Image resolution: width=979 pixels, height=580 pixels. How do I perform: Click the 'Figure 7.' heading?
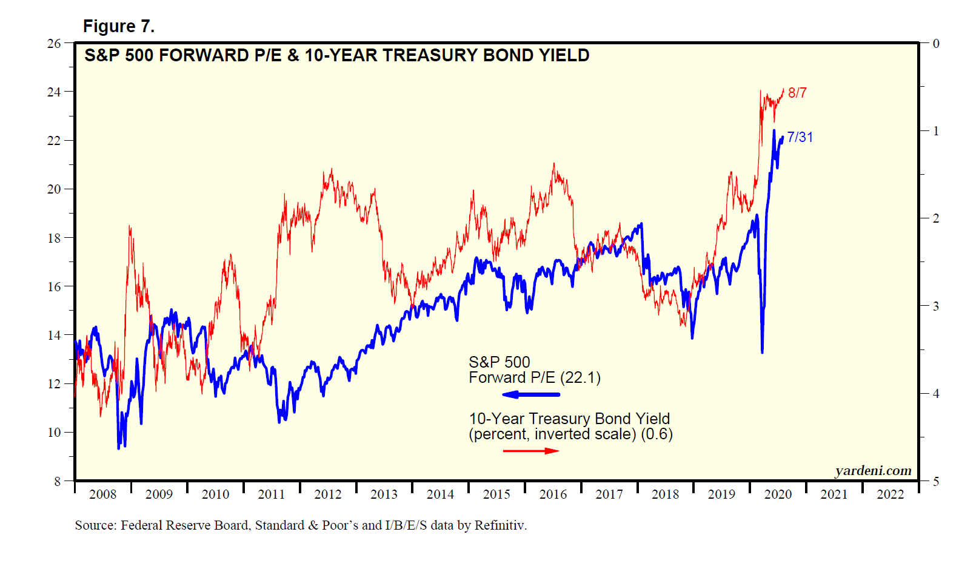119,26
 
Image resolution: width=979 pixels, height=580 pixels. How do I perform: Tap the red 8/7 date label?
797,93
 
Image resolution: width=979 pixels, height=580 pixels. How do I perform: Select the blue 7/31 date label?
800,137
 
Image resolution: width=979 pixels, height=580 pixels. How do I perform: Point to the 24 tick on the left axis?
54,92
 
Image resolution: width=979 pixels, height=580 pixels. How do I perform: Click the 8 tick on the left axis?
57,481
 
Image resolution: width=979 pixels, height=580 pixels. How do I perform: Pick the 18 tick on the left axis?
54,238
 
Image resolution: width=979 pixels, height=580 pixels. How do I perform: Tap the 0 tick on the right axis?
936,44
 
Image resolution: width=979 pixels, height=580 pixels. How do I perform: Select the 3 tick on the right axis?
936,306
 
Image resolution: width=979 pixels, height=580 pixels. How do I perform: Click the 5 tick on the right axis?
936,481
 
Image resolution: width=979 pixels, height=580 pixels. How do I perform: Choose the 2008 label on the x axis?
102,494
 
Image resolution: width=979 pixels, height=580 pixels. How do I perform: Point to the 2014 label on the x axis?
440,494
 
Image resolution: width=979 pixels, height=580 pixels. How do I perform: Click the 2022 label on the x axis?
890,494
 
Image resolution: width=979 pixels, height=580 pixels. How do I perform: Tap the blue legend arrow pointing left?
531,395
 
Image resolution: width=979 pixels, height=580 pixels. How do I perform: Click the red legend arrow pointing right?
531,451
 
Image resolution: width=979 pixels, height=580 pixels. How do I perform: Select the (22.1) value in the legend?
580,378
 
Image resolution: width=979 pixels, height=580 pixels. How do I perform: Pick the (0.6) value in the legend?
657,434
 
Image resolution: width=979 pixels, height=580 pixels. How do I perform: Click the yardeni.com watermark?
873,471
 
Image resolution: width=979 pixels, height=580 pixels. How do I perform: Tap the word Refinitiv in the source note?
500,525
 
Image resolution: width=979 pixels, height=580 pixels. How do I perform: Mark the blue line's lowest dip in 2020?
762,351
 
